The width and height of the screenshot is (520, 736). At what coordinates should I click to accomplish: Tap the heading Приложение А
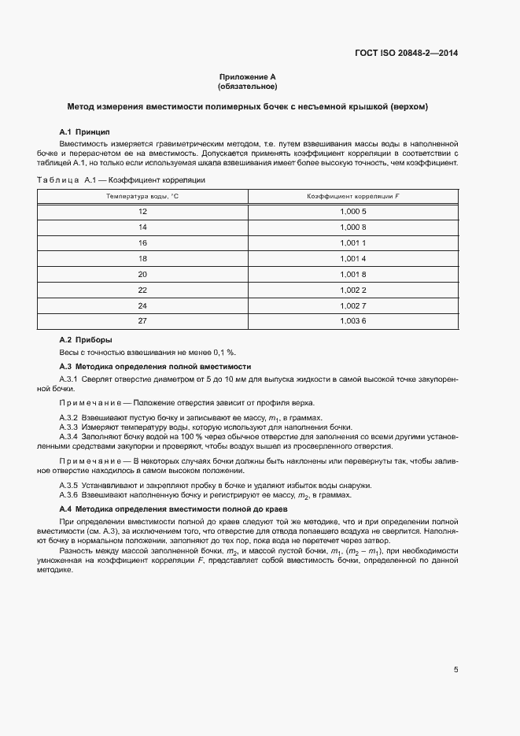(x=248, y=77)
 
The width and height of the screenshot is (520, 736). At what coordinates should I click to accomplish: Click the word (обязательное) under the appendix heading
(x=248, y=86)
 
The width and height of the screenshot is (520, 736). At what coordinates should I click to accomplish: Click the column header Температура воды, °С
(x=142, y=194)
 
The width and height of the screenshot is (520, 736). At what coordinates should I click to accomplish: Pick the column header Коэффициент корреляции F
(x=353, y=194)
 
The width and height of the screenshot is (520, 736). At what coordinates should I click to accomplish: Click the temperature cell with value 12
(x=142, y=212)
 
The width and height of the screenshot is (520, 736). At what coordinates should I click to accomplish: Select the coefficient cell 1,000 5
(x=353, y=212)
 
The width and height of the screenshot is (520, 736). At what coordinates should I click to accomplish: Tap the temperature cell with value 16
(x=142, y=243)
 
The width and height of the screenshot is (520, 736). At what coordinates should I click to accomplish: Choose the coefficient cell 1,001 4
(x=353, y=258)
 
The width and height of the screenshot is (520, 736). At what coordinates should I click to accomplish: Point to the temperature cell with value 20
(x=142, y=274)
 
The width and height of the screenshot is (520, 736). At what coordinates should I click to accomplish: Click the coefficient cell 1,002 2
(x=353, y=289)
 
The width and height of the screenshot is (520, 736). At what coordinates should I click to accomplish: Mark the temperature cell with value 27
(x=142, y=320)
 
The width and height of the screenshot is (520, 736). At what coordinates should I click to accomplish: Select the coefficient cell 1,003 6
(x=353, y=320)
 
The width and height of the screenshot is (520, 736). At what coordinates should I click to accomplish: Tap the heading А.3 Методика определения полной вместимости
(x=155, y=367)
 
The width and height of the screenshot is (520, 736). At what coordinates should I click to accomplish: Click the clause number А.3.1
(x=69, y=379)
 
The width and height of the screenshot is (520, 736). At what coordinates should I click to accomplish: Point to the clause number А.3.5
(x=69, y=485)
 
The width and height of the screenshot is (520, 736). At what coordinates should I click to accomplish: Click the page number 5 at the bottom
(x=456, y=670)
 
